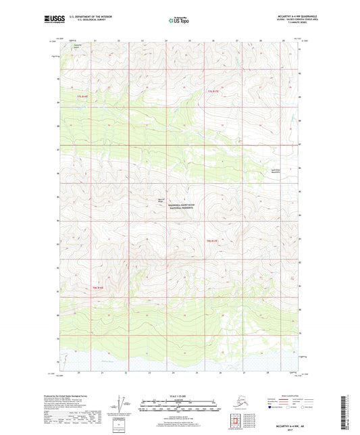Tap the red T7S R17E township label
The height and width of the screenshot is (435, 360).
pos(213,90)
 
